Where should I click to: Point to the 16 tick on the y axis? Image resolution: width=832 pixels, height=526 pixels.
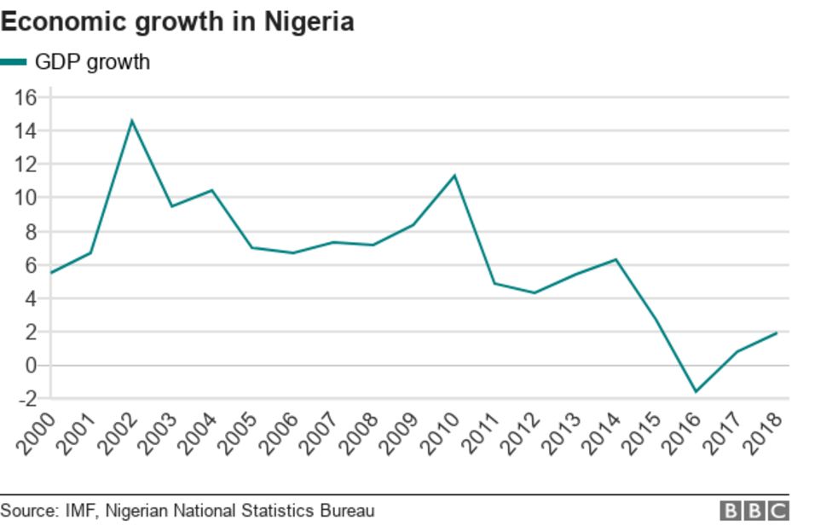click(26, 97)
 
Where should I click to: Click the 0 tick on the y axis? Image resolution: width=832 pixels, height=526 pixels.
click(32, 365)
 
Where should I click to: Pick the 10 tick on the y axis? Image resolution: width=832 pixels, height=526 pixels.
click(26, 198)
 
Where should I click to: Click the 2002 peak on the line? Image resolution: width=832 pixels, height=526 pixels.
click(130, 120)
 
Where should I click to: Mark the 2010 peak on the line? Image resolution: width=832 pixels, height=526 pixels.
click(454, 176)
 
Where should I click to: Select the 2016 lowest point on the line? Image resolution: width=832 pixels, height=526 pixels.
click(696, 392)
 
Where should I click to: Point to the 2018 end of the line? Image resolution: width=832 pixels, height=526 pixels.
click(777, 332)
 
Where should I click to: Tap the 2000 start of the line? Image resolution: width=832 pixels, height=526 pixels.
click(51, 273)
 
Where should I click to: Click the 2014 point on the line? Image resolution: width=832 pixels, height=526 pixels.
click(615, 259)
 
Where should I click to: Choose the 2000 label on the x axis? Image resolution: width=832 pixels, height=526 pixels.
click(37, 431)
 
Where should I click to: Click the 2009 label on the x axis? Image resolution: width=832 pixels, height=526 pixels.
click(399, 431)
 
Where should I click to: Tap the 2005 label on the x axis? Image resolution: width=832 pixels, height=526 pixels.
click(238, 431)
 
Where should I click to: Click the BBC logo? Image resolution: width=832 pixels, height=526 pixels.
click(754, 511)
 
